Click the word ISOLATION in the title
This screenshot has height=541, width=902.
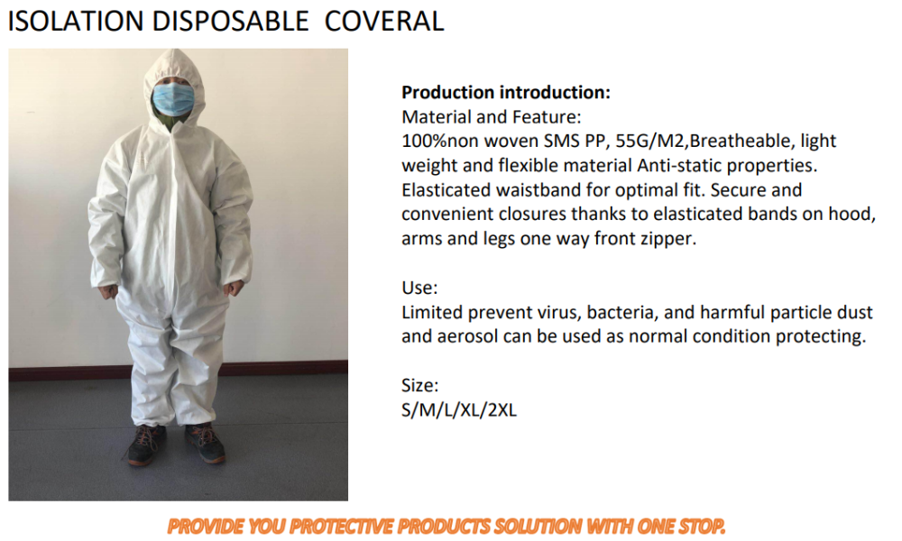tap(76, 22)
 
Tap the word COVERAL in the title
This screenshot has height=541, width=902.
tap(383, 22)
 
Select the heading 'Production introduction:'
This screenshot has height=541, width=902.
tap(506, 92)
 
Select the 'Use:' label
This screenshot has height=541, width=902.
tap(419, 288)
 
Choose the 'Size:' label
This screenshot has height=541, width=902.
tap(420, 385)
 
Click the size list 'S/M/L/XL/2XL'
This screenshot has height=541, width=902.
tap(459, 410)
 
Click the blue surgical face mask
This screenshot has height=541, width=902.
tap(173, 98)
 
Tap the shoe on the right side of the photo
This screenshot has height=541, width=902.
tap(205, 442)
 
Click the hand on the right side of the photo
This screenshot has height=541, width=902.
tap(235, 289)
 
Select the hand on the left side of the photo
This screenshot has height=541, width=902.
tap(109, 292)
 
